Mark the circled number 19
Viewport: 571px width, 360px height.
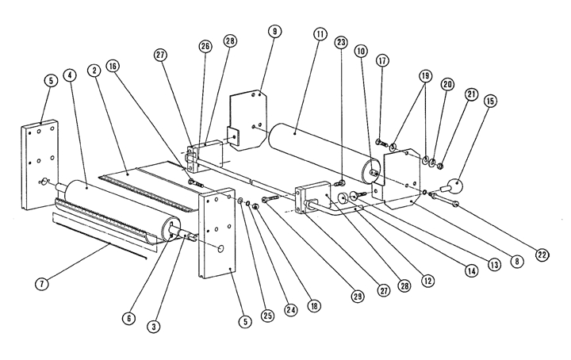click(427, 75)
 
